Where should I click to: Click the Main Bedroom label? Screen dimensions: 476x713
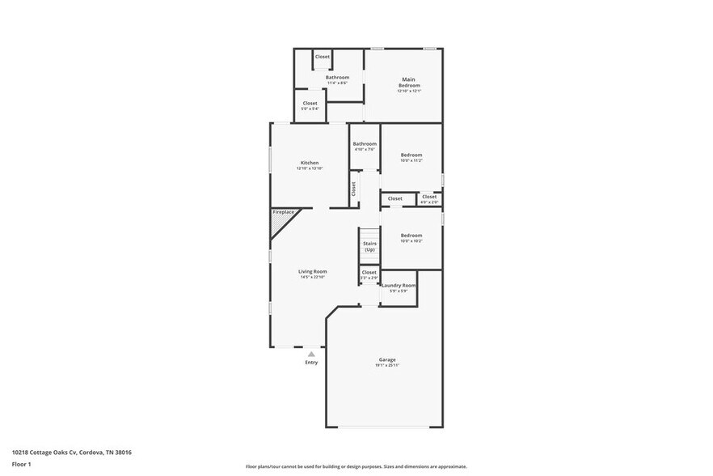click(408, 83)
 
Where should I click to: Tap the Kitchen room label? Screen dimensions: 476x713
click(310, 163)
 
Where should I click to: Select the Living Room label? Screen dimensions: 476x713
click(312, 272)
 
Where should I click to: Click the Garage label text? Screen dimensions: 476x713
click(387, 359)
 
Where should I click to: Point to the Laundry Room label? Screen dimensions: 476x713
click(399, 286)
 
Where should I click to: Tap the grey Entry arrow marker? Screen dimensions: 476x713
click(311, 354)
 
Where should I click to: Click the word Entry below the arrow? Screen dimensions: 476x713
click(311, 362)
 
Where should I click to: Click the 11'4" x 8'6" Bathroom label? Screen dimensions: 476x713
click(337, 78)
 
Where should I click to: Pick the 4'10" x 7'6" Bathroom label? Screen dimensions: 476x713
click(365, 144)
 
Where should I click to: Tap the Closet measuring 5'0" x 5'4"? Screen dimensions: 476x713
click(310, 104)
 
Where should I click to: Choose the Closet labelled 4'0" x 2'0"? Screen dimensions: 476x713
click(429, 197)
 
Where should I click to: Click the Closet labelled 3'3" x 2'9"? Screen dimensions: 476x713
click(369, 273)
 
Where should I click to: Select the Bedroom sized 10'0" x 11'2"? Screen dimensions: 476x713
click(411, 155)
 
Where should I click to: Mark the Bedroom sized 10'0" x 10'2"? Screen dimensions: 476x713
click(411, 236)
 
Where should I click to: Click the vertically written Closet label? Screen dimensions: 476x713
click(353, 189)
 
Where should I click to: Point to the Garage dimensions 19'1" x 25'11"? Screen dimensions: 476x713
click(387, 365)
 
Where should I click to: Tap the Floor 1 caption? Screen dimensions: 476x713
click(21, 464)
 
